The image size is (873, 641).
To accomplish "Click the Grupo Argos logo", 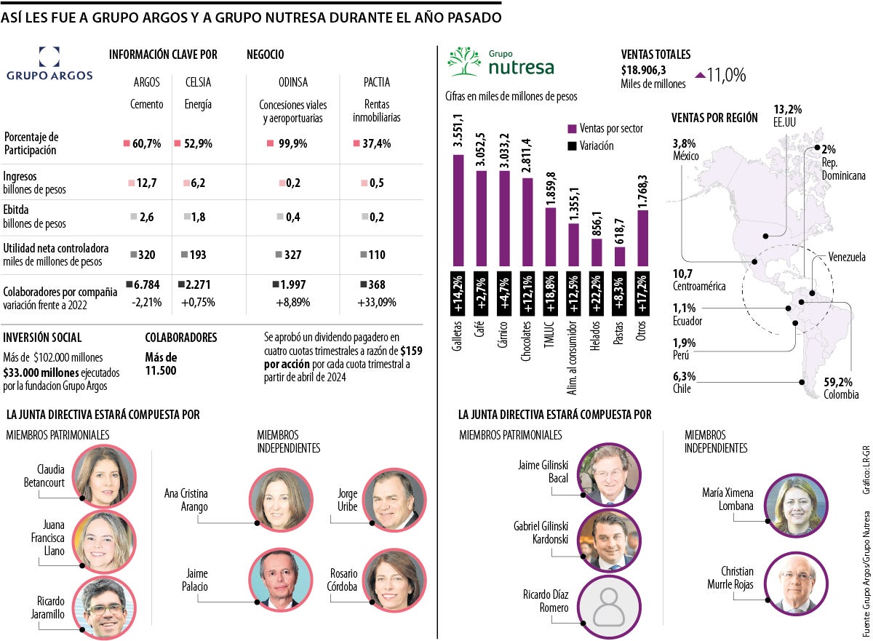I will (x=49, y=64).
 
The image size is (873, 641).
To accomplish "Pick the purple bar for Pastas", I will (x=620, y=256).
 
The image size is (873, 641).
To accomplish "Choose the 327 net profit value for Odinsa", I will (x=292, y=255).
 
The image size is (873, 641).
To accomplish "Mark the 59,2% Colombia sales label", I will (x=840, y=388).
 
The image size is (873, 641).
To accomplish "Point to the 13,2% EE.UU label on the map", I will (x=788, y=115).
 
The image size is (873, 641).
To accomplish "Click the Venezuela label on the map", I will (x=847, y=257).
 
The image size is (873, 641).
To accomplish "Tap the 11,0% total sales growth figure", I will (x=727, y=75).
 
